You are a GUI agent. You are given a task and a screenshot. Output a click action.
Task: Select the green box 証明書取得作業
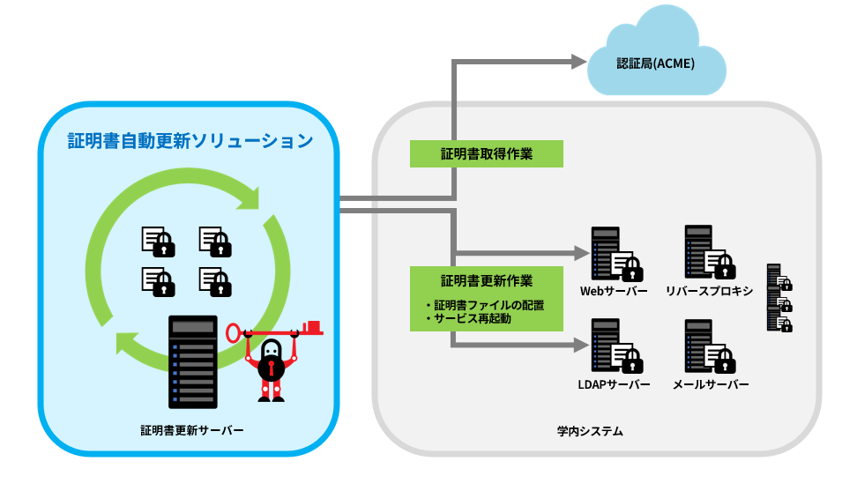pos(486,153)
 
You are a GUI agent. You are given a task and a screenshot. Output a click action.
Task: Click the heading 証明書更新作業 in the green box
pos(486,281)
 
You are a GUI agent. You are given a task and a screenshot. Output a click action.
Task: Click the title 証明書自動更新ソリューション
pos(190,140)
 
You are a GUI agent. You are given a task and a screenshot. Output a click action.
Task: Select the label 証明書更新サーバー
pos(191,430)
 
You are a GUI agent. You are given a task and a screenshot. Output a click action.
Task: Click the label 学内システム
pos(590,431)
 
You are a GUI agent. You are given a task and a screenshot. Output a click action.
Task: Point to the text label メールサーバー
pos(710,385)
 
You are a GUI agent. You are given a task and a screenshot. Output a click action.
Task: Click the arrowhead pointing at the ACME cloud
pos(578,61)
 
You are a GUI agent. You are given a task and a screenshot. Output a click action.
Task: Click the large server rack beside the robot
pos(192,361)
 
